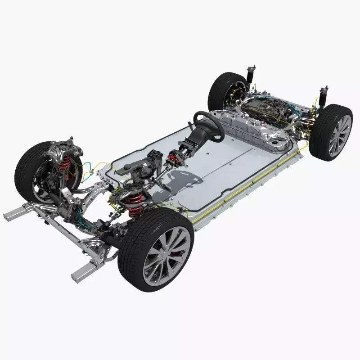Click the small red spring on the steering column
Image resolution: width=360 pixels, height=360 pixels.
coord(172,159)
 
